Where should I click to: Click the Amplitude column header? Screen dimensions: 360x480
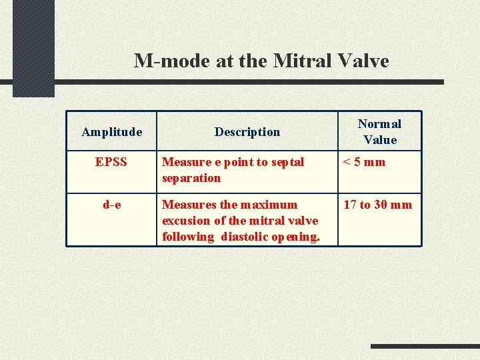111,132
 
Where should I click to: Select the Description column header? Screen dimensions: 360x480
247,132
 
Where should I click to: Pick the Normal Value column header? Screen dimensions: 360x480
379,131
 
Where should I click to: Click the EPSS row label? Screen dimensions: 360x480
111,162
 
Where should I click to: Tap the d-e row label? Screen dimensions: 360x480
111,205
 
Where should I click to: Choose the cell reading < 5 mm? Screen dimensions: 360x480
364,162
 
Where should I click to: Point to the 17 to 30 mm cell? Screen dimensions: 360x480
377,205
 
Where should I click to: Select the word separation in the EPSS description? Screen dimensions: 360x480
191,178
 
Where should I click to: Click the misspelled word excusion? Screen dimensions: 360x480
185,221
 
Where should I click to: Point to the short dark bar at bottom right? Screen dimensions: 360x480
425,346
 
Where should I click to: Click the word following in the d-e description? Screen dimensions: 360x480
187,237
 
